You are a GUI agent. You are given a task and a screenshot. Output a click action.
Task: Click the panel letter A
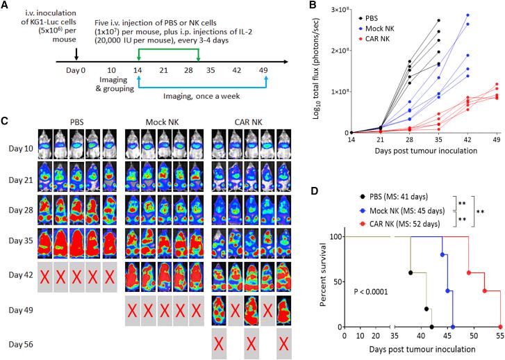click(x=6, y=6)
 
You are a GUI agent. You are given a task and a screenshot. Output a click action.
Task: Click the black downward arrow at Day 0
click(x=76, y=54)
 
